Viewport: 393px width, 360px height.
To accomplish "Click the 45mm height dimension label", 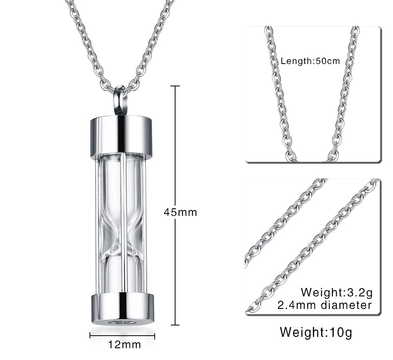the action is pyautogui.click(x=180, y=212).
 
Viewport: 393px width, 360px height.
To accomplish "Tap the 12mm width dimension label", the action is pyautogui.click(x=124, y=345).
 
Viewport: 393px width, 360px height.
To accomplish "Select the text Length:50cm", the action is pyautogui.click(x=310, y=61).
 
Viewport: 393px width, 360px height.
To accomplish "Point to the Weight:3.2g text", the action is pyautogui.click(x=336, y=292).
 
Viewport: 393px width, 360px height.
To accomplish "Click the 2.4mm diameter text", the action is pyautogui.click(x=324, y=305).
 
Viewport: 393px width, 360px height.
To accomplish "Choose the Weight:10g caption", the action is pyautogui.click(x=316, y=333).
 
